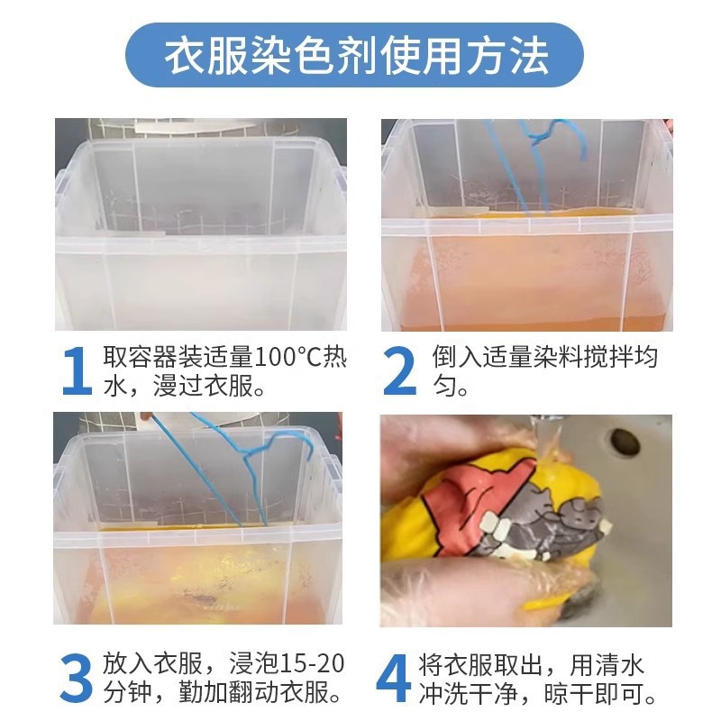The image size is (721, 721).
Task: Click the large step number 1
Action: coord(76,371)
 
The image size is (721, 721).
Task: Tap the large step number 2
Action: coord(399,371)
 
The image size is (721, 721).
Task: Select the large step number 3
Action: coord(76,679)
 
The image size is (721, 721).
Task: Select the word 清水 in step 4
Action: coord(622,665)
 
